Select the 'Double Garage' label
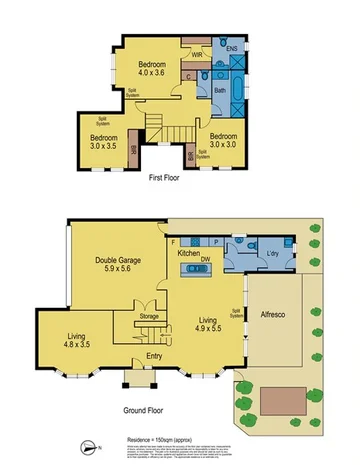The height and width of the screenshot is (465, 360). point(121,262)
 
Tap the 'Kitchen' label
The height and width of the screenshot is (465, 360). point(190,253)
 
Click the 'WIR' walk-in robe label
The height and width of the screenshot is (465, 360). point(198,54)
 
